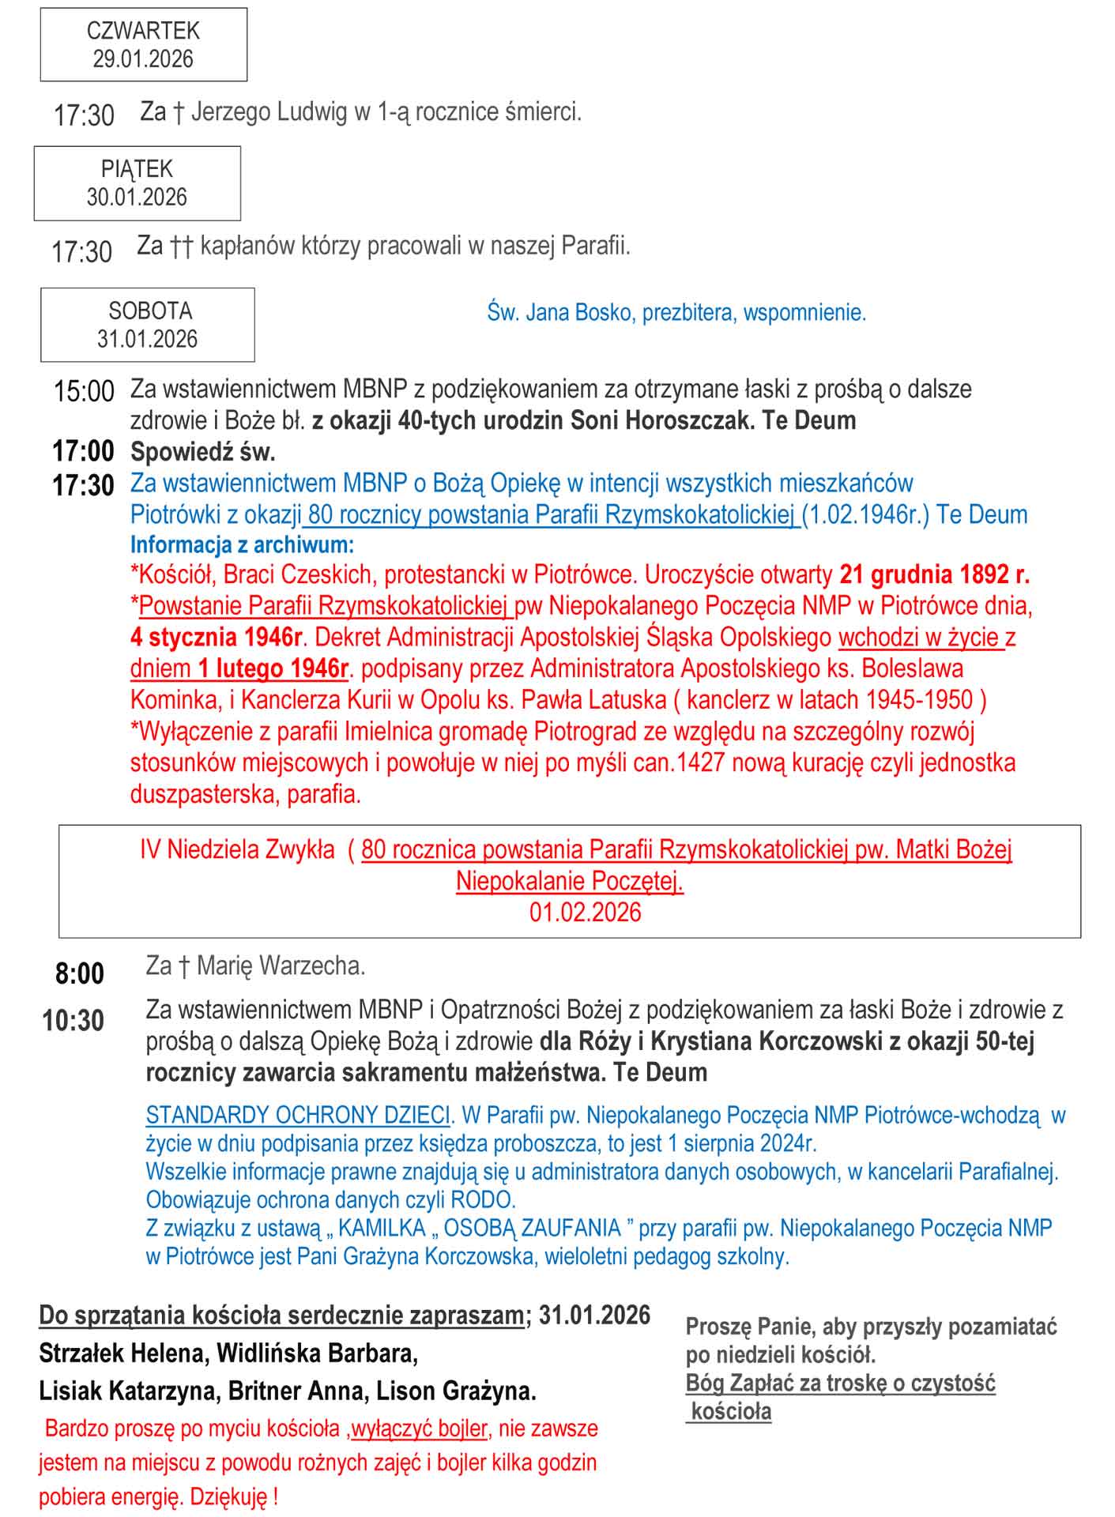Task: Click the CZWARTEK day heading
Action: pos(143,31)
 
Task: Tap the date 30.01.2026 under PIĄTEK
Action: pos(137,197)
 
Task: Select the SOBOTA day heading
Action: pos(150,311)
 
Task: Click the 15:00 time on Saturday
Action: pos(84,391)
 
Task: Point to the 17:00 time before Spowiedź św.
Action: pos(83,451)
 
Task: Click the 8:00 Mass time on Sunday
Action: pos(80,973)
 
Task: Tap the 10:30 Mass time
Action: pos(73,1020)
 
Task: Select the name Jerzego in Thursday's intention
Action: pos(230,112)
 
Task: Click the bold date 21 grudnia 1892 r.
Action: pos(934,574)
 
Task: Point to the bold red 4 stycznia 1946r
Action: pos(217,637)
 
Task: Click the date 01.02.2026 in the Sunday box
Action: pos(585,913)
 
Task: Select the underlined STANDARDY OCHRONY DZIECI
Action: pos(298,1115)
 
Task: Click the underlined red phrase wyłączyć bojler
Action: pos(419,1429)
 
